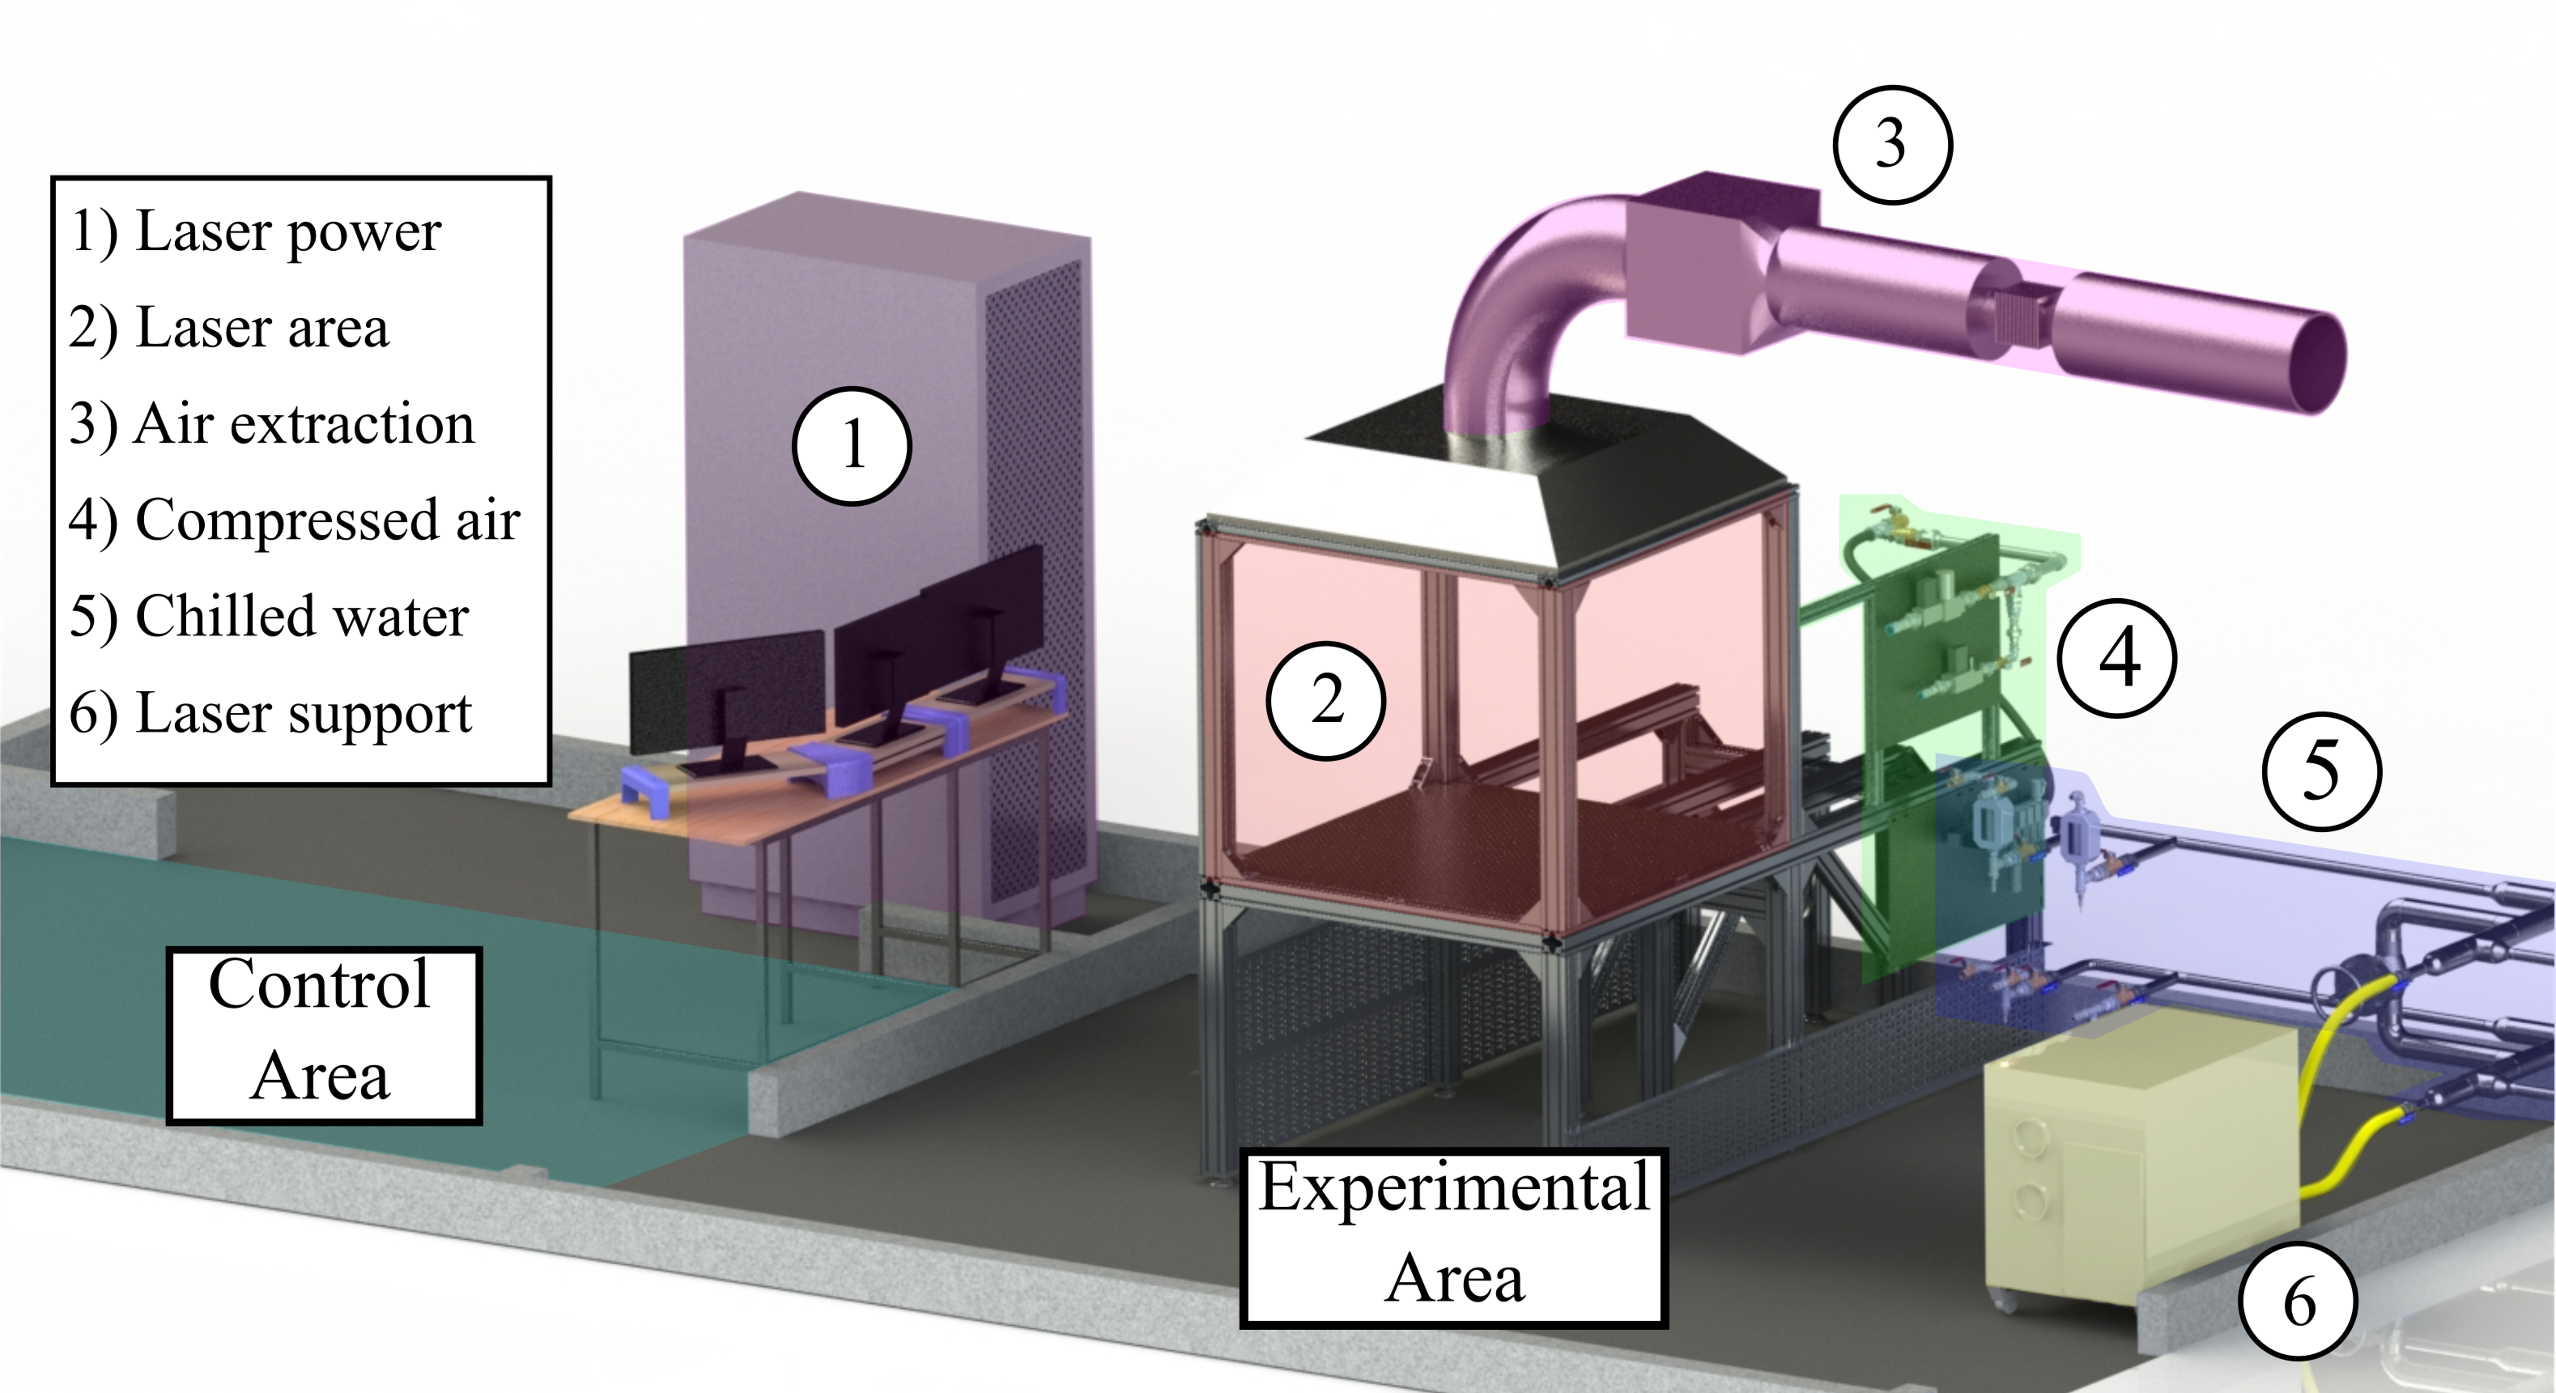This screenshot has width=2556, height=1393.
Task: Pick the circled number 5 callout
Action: pos(2322,771)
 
